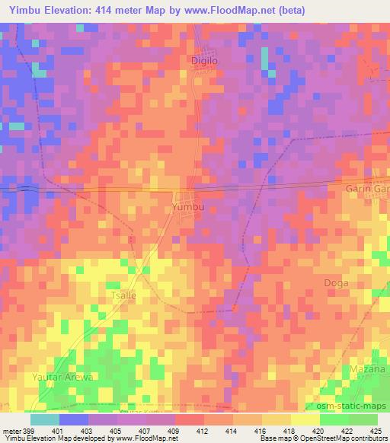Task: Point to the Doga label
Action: [x=336, y=282]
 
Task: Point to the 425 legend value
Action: [x=375, y=431]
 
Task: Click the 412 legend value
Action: [x=202, y=431]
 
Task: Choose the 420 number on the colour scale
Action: [x=317, y=431]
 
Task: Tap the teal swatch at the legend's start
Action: [x=45, y=419]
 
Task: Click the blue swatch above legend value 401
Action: [x=74, y=419]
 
